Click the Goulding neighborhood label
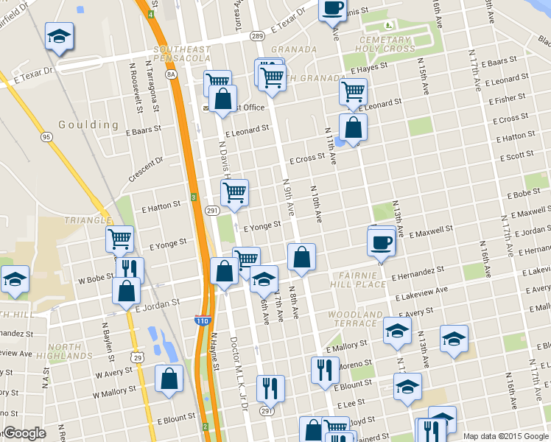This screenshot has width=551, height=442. point(88,124)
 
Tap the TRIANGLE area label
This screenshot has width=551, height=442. point(86,220)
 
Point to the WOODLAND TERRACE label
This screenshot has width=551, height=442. point(357,319)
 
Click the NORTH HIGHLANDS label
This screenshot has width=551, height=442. point(74,351)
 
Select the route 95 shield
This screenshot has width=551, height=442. point(47,136)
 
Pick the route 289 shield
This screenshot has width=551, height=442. point(257,35)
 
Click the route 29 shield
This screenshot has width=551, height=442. point(137,377)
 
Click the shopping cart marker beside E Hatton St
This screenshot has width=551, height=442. point(234,193)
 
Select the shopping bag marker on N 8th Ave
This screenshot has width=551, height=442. point(301,257)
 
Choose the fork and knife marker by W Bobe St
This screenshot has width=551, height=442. point(130,270)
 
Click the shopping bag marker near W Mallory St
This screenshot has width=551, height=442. point(169,379)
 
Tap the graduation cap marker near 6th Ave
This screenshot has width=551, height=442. point(264,279)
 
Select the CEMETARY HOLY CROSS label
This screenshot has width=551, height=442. point(384,44)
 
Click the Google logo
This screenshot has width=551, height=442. point(24,433)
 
